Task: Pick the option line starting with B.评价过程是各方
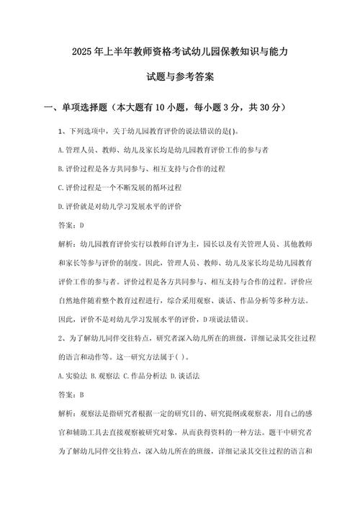[x=141, y=169]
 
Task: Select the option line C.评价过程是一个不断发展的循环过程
[x=119, y=188]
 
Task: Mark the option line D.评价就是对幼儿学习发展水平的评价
[x=119, y=207]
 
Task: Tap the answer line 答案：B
[x=71, y=395]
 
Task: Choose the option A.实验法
[x=73, y=376]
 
